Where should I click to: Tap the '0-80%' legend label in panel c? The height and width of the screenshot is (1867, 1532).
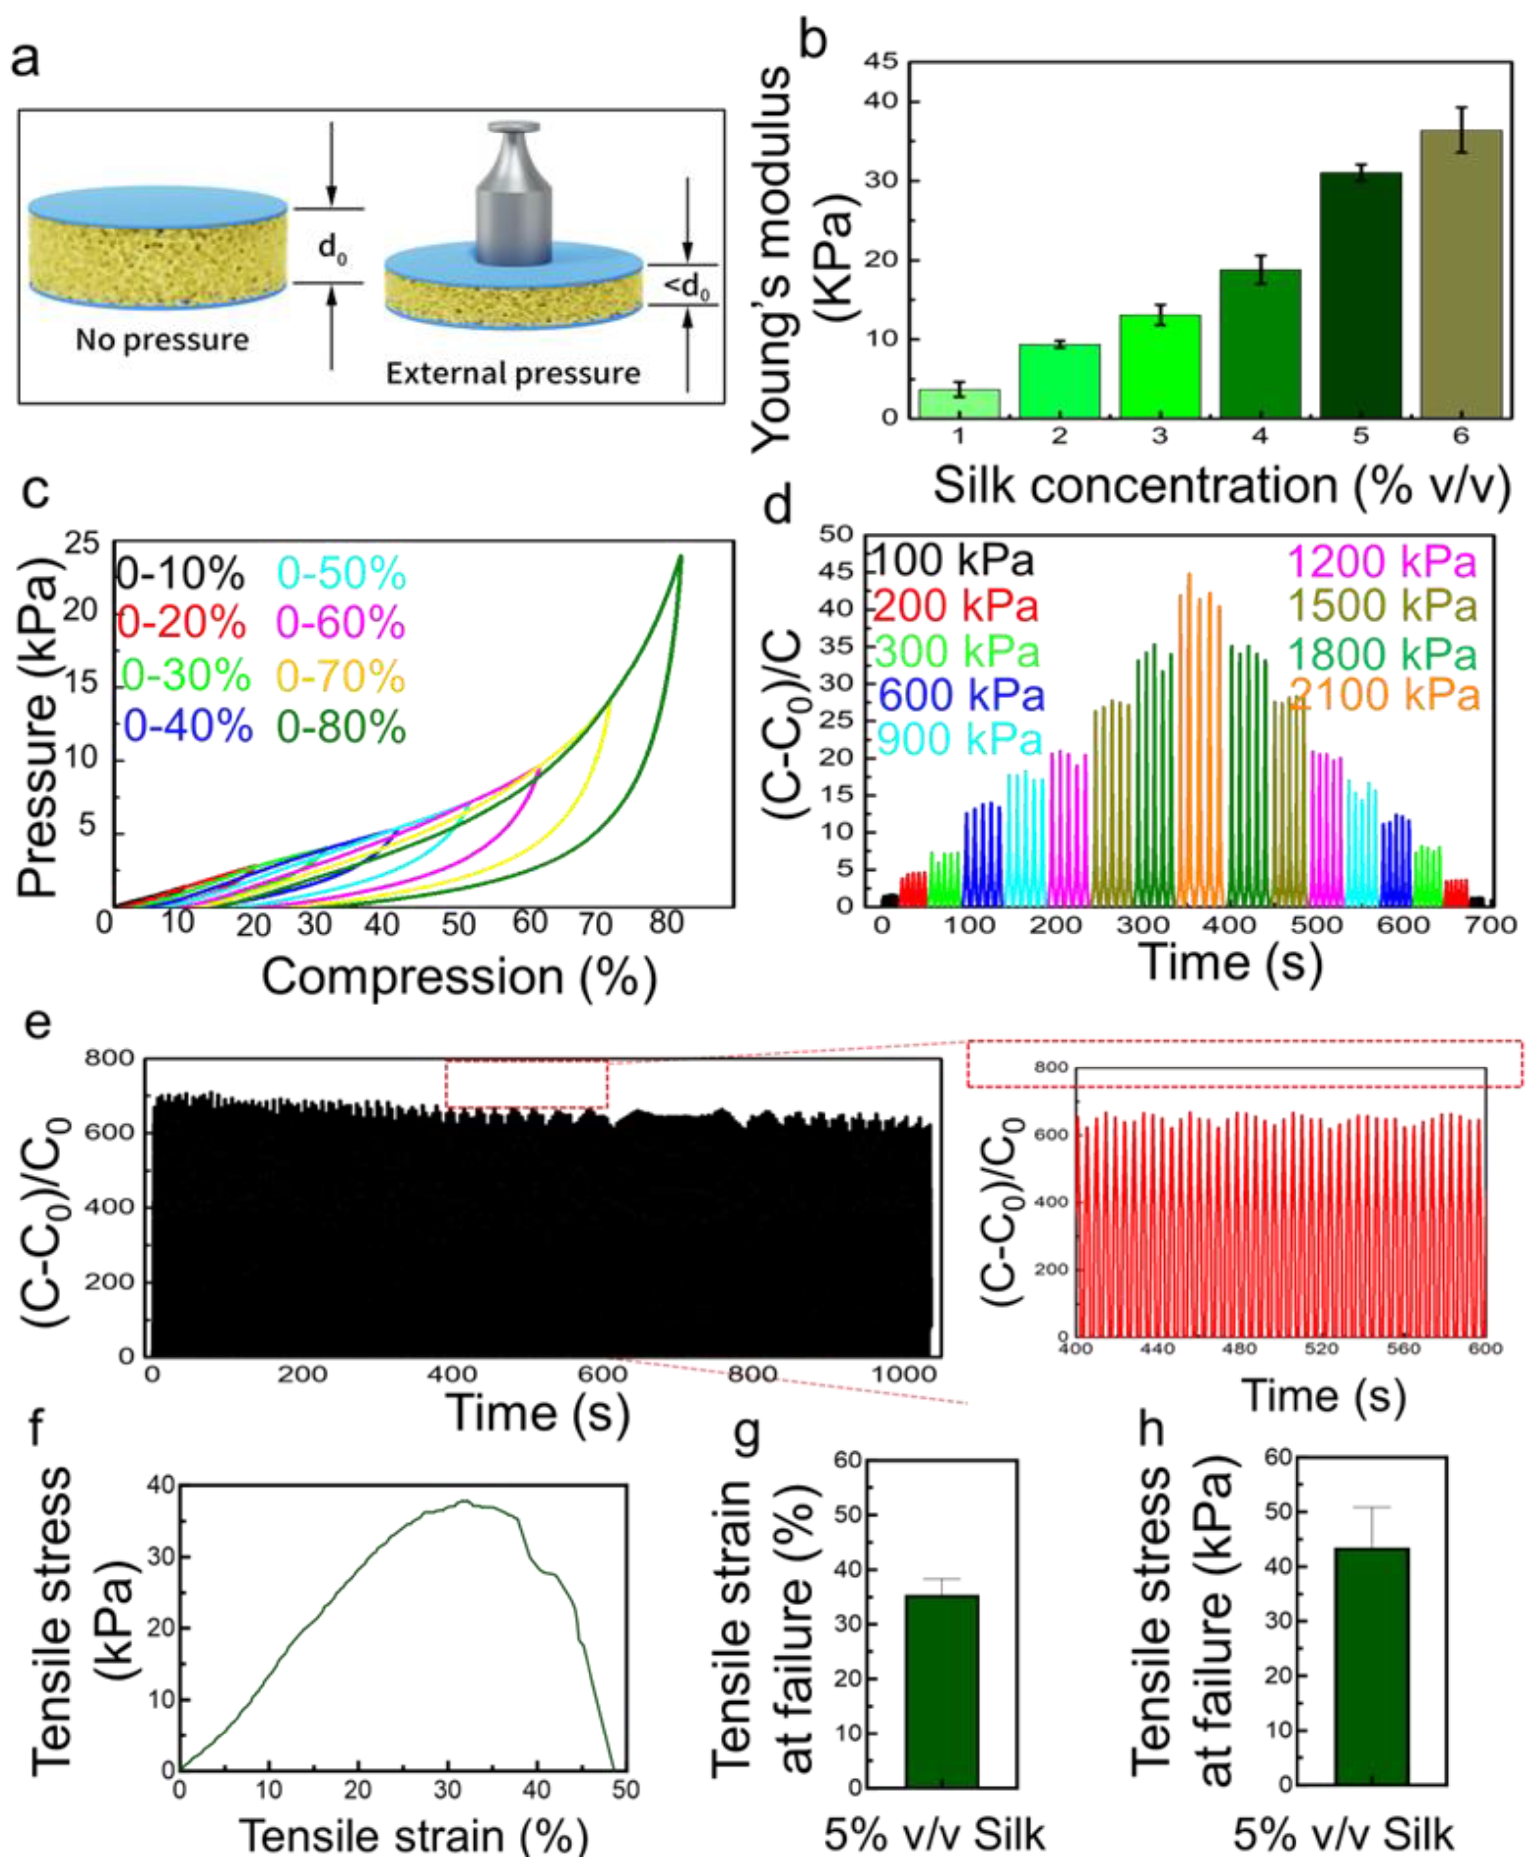tap(342, 728)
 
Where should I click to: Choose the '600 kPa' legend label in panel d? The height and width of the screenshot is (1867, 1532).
tap(960, 695)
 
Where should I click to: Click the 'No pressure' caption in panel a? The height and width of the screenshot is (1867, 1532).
tap(162, 340)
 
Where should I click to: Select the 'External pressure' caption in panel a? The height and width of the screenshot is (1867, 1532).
tap(513, 374)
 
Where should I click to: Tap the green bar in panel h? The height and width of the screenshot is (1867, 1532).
tap(1371, 1667)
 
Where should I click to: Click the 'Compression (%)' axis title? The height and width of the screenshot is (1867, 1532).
tap(459, 977)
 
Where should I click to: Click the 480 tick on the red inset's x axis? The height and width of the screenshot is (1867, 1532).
tap(1239, 1349)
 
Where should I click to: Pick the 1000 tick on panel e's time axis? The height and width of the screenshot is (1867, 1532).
tap(904, 1374)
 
